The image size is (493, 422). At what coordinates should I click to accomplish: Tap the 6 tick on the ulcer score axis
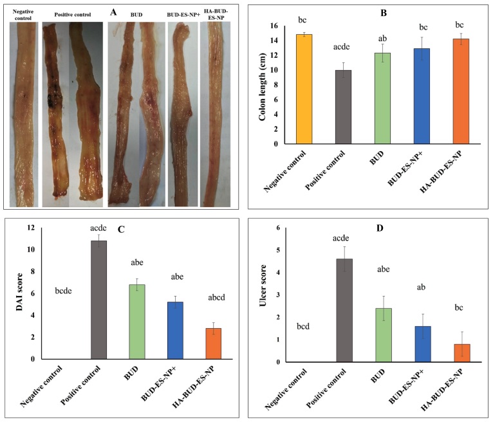click(x=277, y=228)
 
